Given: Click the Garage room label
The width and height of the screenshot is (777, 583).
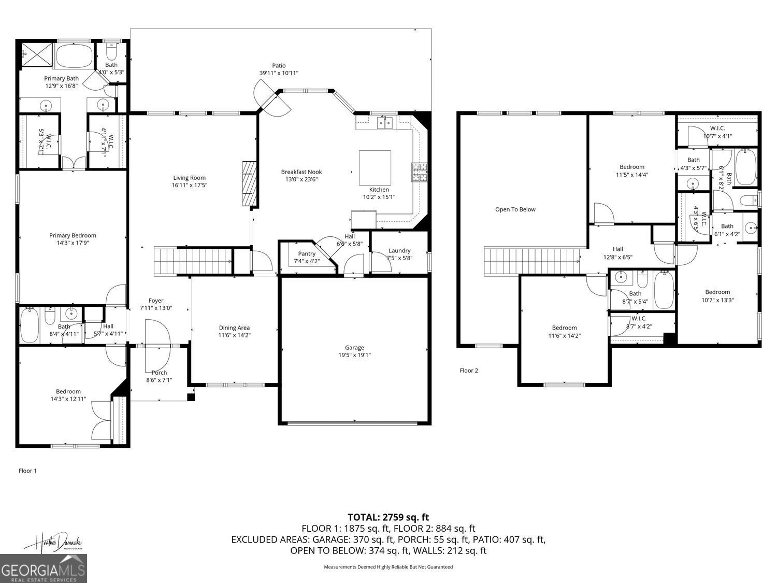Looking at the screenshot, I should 355,348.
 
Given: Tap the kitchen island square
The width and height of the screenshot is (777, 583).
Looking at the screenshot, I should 375,168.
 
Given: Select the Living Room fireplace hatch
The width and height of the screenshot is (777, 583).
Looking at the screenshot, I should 249,183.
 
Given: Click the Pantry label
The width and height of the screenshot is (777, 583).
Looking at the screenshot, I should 307,253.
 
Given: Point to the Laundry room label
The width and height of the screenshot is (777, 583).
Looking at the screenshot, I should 399,250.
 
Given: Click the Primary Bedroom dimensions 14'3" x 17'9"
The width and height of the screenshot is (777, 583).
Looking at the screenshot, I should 73,243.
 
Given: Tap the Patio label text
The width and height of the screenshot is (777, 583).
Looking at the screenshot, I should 279,66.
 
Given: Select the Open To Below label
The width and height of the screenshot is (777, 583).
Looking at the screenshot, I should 515,209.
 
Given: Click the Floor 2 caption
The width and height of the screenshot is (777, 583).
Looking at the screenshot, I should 469,371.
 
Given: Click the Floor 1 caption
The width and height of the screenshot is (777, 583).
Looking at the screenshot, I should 27,471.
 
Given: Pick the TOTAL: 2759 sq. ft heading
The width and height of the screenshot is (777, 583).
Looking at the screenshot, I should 388,517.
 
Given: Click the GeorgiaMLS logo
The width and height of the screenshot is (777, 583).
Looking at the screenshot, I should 44,568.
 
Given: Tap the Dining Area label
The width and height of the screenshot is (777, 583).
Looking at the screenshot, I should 234,328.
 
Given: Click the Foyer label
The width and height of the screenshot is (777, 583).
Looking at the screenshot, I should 156,301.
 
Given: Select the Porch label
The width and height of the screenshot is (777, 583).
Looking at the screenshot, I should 159,373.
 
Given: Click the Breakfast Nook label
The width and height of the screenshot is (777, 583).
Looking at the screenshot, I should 301,172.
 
